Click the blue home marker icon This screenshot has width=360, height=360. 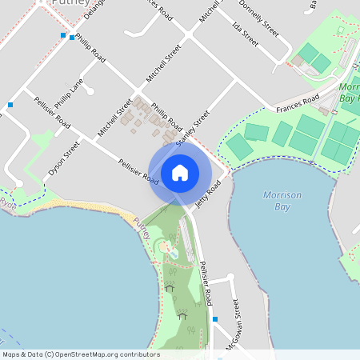click(x=180, y=172)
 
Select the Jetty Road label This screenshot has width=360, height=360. click(x=208, y=194)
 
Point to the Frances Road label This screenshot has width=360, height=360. click(x=298, y=102)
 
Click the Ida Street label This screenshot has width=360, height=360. click(x=245, y=33)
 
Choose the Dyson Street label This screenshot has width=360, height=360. click(x=64, y=158)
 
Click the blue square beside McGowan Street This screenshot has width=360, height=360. click(x=215, y=319)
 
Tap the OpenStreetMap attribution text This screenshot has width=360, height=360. click(x=81, y=354)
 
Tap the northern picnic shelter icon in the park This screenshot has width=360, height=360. click(x=169, y=287)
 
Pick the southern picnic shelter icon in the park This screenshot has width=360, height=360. click(x=182, y=315)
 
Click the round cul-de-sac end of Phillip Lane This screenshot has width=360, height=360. click(x=90, y=91)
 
